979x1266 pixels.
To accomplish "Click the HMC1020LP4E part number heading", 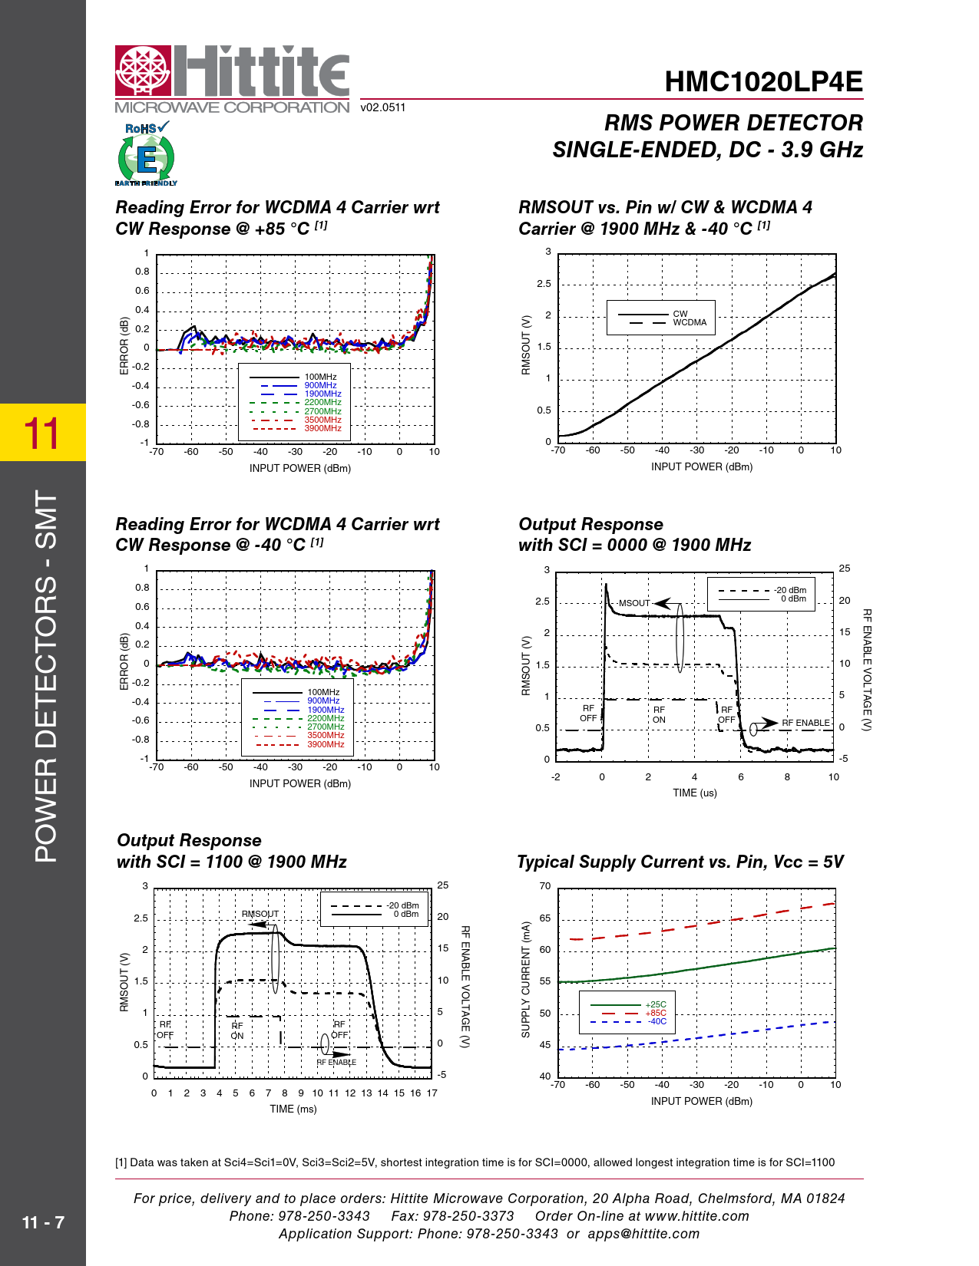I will (x=763, y=82).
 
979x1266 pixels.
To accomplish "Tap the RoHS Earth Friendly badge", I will (x=146, y=154).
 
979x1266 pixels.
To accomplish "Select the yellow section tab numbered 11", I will (x=42, y=433).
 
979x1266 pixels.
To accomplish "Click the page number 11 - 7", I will (x=43, y=1222).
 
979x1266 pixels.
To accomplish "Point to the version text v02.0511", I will (x=382, y=107).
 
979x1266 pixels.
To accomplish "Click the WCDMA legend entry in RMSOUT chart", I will (x=690, y=323).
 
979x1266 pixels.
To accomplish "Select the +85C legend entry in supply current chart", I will (x=656, y=1013).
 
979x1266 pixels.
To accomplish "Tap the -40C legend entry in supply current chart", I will (x=657, y=1021).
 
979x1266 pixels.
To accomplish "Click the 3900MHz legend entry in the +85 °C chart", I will (x=322, y=428).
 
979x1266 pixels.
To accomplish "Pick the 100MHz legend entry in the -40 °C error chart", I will (x=323, y=692).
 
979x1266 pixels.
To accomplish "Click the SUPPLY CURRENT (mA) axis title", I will (x=526, y=980).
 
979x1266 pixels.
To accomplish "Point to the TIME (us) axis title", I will (x=694, y=793).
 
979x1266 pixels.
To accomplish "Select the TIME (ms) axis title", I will (x=293, y=1109).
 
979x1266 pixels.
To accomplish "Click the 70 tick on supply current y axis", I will (x=544, y=886).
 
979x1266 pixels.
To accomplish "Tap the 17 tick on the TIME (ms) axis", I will (x=432, y=1093).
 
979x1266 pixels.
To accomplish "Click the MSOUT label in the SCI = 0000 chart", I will (x=634, y=603).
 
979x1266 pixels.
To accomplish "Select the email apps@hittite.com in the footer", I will (x=643, y=1234).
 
